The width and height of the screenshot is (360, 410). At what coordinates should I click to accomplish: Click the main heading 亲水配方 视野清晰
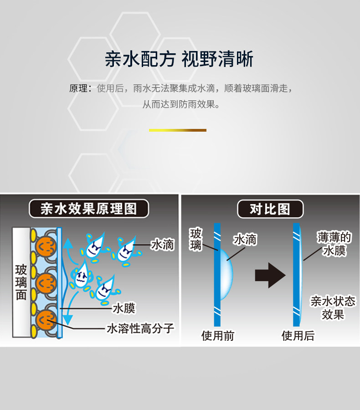coord(179,60)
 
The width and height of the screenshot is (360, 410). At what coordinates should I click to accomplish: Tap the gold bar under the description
coord(178,130)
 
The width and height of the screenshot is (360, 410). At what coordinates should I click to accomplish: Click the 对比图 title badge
coord(270,209)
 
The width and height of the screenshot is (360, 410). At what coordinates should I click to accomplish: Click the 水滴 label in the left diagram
coord(162,245)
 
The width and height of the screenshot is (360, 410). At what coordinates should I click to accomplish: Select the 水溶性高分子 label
coord(140,328)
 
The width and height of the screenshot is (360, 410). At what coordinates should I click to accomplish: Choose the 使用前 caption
coord(218,336)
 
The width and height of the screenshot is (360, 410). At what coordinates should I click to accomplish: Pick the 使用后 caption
coord(298,336)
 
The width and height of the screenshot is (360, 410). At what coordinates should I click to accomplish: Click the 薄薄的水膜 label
coord(334,244)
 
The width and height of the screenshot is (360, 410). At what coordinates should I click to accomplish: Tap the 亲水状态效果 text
coord(333,307)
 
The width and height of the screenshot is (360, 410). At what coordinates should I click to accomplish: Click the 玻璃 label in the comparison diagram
coord(196,240)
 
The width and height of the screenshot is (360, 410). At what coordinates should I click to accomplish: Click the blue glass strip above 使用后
coord(297,273)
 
